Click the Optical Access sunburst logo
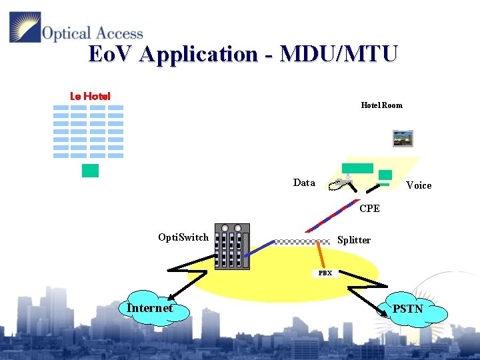[25, 27]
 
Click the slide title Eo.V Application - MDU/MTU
[243, 54]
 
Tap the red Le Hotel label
[90, 96]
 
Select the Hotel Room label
[381, 105]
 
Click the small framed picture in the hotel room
[403, 138]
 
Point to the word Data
[304, 183]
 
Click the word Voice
[419, 185]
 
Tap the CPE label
[369, 209]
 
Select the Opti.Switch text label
[183, 237]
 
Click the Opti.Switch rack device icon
[232, 247]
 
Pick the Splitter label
[353, 240]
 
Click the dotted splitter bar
[303, 241]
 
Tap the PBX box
[325, 273]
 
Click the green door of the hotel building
[90, 171]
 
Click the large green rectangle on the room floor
[357, 168]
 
